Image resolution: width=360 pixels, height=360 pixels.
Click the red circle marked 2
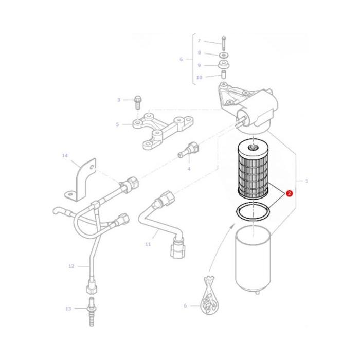tap(290, 194)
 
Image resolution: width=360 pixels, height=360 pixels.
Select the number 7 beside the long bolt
tap(200, 41)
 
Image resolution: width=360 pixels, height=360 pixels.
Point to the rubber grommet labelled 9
tap(225, 65)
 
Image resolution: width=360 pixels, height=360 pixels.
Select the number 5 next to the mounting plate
tap(117, 124)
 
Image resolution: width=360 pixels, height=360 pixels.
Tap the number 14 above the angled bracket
tap(65, 155)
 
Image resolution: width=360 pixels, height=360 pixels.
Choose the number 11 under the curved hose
tap(148, 244)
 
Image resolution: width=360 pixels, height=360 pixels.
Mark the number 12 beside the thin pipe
tap(71, 266)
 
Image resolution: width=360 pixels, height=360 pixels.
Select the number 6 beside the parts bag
tap(186, 307)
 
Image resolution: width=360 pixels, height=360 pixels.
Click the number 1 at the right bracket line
tap(307, 181)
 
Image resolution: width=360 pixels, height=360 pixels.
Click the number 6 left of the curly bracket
tap(181, 59)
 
